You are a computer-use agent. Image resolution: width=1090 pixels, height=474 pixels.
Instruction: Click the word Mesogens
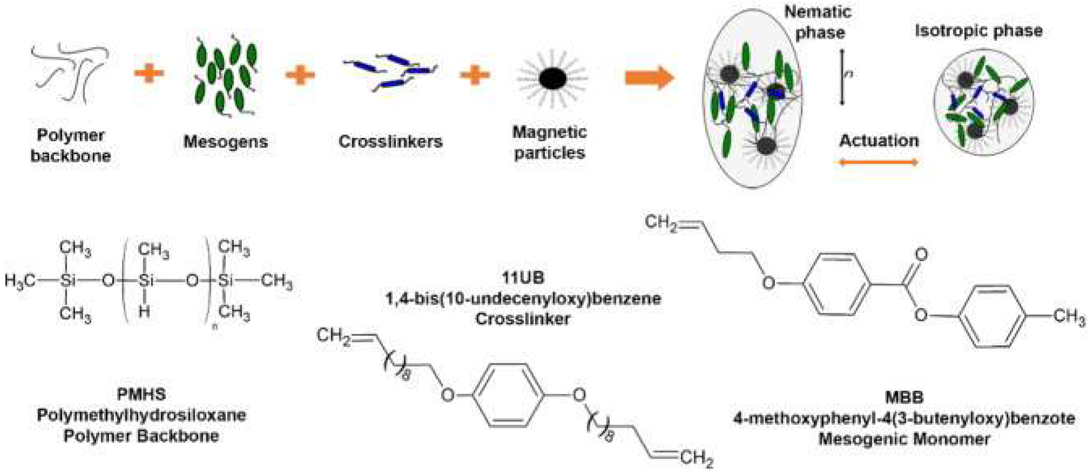click(225, 142)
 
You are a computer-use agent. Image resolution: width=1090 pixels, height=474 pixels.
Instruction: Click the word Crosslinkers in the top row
click(390, 142)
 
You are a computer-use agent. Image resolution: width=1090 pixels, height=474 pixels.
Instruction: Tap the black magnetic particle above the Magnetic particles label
click(552, 79)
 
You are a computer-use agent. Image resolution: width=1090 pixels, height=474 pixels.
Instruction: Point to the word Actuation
click(879, 141)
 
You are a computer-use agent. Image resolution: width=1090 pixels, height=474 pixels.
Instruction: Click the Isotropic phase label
click(978, 31)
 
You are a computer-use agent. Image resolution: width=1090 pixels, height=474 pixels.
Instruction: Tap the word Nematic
click(818, 12)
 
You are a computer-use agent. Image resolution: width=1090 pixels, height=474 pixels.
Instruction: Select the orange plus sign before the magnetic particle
click(475, 75)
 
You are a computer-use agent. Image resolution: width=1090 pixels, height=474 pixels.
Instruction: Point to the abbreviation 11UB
click(523, 278)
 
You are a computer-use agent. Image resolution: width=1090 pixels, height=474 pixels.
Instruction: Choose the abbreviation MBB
click(904, 397)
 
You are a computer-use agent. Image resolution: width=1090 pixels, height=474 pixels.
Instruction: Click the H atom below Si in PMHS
click(144, 312)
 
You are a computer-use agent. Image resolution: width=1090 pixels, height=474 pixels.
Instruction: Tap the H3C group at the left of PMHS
click(20, 280)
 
